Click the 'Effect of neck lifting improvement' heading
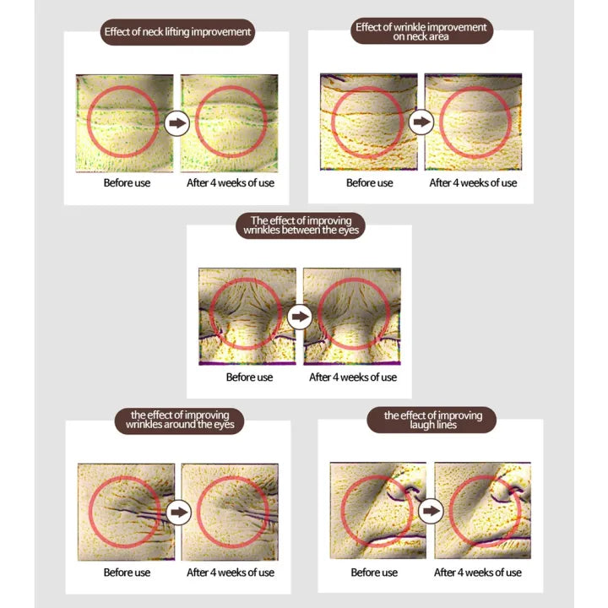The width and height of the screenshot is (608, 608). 177,32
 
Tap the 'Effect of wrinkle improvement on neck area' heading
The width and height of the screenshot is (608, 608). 421,31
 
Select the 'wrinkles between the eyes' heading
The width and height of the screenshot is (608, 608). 301,225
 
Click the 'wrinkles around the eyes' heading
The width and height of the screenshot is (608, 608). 180,421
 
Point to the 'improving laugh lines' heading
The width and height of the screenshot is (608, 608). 432,420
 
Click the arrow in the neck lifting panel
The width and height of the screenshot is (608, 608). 177,123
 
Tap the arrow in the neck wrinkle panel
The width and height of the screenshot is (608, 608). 421,122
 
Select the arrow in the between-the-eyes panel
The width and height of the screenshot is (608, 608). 300,317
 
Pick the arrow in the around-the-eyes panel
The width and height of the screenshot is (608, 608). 179,513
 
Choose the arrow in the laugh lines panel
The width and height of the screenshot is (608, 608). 431,511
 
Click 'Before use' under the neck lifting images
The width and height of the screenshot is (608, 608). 127,182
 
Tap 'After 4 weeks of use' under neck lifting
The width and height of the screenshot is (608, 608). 231,182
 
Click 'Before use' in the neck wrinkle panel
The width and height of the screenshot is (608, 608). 370,182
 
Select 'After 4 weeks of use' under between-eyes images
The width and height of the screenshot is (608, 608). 353,377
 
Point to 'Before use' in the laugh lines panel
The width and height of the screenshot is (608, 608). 374,573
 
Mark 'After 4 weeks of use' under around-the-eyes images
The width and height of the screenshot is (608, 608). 231,573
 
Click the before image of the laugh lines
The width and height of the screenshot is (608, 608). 378,510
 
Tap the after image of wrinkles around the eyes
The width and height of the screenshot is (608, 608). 230,512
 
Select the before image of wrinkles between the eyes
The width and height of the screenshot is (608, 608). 247,317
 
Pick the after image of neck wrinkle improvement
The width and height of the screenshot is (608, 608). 473,122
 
